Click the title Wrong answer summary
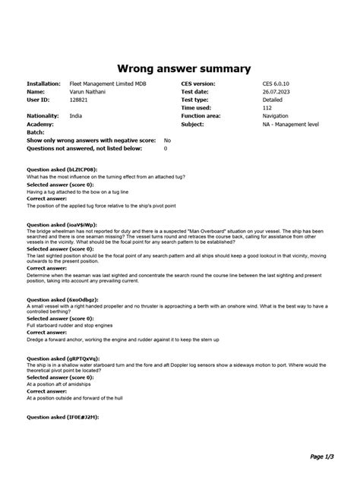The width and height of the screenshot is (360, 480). (x=180, y=68)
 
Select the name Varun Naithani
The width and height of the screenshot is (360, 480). (x=89, y=91)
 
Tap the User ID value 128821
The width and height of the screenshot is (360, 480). (x=79, y=99)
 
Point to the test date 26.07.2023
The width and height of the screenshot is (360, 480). (x=276, y=91)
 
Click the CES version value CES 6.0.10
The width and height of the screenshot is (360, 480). (x=276, y=83)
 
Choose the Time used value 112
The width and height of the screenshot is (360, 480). (x=267, y=108)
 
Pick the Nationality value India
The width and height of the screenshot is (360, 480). (x=76, y=115)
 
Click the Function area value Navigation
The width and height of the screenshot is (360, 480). (x=276, y=115)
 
